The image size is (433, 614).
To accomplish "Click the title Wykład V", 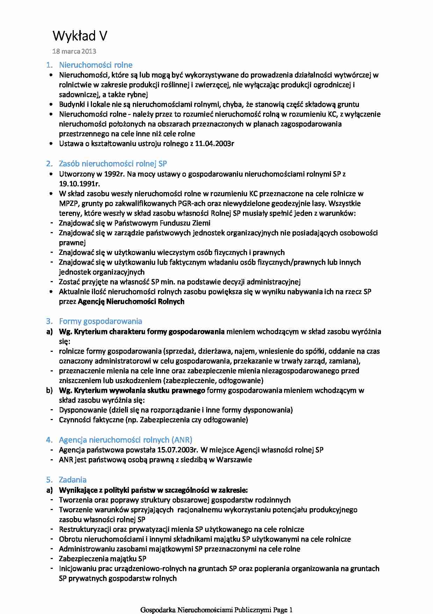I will (80, 36).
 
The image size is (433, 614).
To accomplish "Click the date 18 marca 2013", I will (74, 51).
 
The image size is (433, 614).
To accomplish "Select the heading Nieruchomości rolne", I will (95, 65).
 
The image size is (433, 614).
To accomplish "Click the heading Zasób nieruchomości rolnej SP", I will (113, 163).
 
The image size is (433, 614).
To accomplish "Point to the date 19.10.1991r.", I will (79, 184).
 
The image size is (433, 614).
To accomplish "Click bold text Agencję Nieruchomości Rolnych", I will (131, 301).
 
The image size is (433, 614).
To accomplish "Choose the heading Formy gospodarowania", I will (100, 321).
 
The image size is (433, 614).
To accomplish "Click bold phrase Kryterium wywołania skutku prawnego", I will (139, 390).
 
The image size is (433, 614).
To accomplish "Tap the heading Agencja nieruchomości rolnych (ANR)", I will (125, 440).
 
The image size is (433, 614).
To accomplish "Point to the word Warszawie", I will (234, 460).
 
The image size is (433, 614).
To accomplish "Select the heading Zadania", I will (73, 480).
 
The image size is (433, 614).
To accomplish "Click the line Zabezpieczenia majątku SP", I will (102, 559).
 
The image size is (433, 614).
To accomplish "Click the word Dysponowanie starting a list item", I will (83, 410).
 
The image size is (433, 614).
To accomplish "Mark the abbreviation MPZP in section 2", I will (68, 203).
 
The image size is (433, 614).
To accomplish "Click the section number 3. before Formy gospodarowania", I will (49, 321).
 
